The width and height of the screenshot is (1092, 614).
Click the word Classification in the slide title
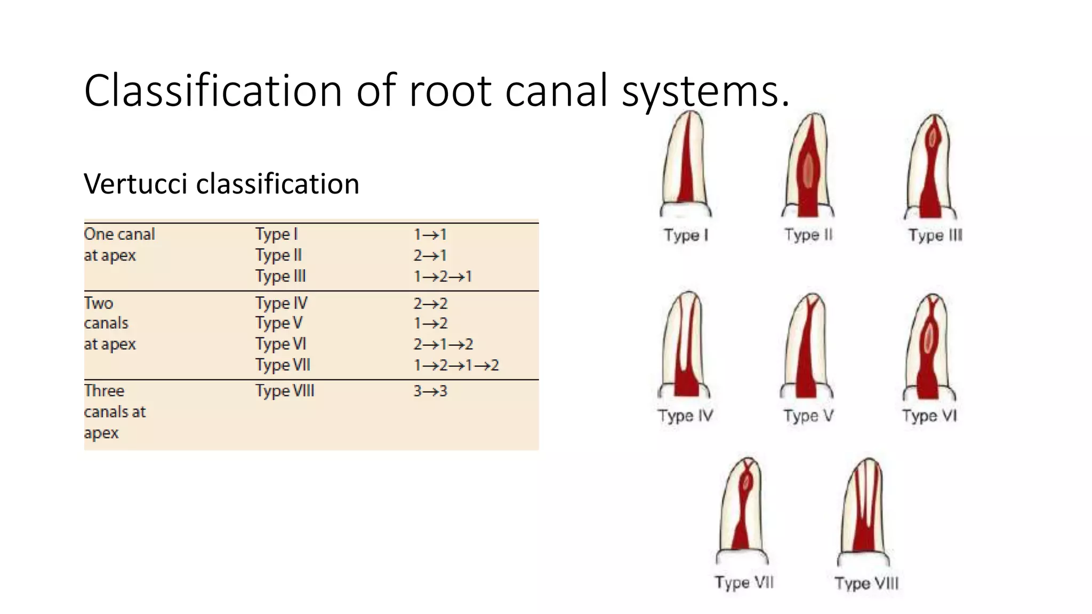212,91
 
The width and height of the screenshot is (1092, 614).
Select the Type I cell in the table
276,234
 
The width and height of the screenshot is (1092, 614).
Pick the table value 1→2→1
443,277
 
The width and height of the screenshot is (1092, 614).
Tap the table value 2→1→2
443,344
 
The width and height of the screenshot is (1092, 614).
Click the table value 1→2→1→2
456,365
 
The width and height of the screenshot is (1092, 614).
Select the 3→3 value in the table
430,391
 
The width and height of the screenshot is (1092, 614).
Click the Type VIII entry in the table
285,391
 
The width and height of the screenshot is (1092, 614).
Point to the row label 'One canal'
119,234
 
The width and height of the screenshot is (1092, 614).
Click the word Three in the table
104,391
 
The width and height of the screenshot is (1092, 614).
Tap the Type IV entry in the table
281,303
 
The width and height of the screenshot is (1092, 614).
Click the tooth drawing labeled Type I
686,165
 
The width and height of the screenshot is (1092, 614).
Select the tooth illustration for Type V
807,346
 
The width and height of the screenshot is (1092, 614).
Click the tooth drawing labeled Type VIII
864,512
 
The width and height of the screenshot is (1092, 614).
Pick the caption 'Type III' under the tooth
935,235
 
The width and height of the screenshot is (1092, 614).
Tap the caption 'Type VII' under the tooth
744,583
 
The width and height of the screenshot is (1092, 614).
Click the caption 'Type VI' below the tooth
929,416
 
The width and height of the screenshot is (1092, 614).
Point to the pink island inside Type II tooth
808,171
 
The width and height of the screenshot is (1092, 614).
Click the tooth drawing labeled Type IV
685,346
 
